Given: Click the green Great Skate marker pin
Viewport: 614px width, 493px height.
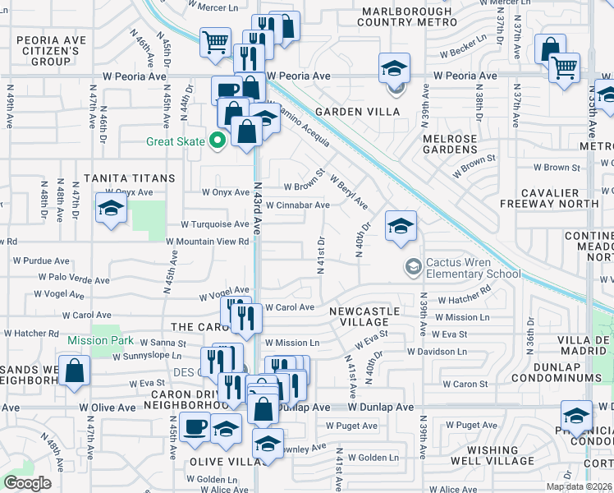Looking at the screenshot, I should click(218, 141).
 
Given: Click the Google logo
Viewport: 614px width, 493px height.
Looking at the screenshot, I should click(27, 483).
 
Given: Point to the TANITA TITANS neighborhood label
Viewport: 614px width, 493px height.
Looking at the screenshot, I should click(129, 178).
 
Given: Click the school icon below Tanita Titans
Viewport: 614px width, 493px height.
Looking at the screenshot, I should click(111, 209).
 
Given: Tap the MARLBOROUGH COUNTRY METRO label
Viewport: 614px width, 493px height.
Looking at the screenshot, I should click(406, 18).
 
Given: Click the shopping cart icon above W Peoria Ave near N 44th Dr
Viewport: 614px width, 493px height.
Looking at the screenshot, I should click(215, 41).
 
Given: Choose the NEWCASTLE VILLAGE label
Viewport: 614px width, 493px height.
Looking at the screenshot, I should click(364, 318).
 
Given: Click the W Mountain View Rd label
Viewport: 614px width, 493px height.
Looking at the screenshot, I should click(207, 242).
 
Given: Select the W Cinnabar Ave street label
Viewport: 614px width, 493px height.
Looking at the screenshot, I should click(297, 205).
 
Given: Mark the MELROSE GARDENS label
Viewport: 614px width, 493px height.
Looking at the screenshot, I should click(450, 145).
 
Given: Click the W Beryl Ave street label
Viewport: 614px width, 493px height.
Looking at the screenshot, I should click(349, 191).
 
